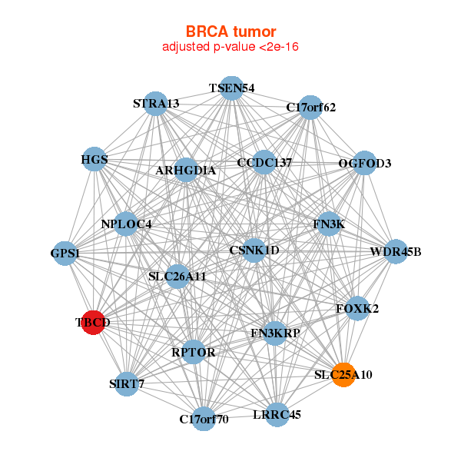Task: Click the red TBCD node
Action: [x=92, y=323]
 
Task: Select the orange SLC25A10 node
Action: [x=343, y=375]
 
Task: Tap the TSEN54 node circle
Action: [x=231, y=88]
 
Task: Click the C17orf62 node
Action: [x=310, y=108]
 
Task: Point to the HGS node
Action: [x=94, y=160]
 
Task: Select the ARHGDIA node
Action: [x=186, y=170]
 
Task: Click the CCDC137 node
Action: [x=264, y=163]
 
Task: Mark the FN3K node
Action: [x=329, y=224]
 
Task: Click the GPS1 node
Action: [x=65, y=253]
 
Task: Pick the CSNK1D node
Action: [x=254, y=250]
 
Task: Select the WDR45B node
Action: [x=395, y=252]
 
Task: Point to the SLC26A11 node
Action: [x=177, y=276]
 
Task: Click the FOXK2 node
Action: [x=357, y=309]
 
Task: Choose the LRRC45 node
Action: [x=277, y=415]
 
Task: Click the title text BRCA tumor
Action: [x=230, y=32]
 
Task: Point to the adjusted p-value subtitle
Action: [x=230, y=47]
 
